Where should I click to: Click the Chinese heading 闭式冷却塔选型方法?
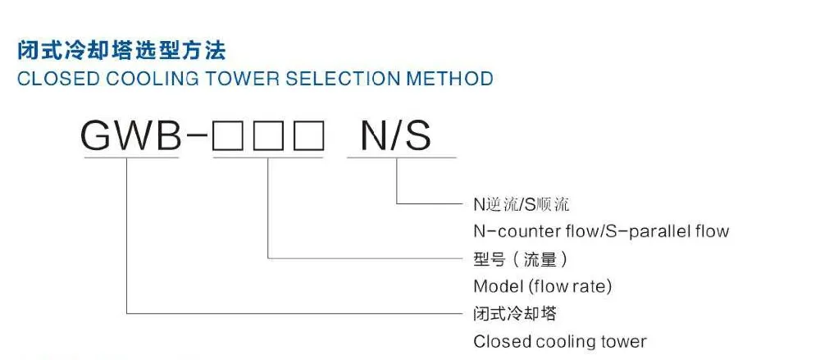coord(121,51)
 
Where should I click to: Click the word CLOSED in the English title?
coord(48,80)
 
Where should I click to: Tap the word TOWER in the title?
coord(239,80)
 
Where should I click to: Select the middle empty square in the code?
coord(268,137)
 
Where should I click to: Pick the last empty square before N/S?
coord(309,137)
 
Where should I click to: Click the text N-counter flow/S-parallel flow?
coord(601,230)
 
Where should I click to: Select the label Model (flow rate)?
coord(543,286)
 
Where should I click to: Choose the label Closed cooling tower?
coord(560,341)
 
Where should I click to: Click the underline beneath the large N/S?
coord(401,157)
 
